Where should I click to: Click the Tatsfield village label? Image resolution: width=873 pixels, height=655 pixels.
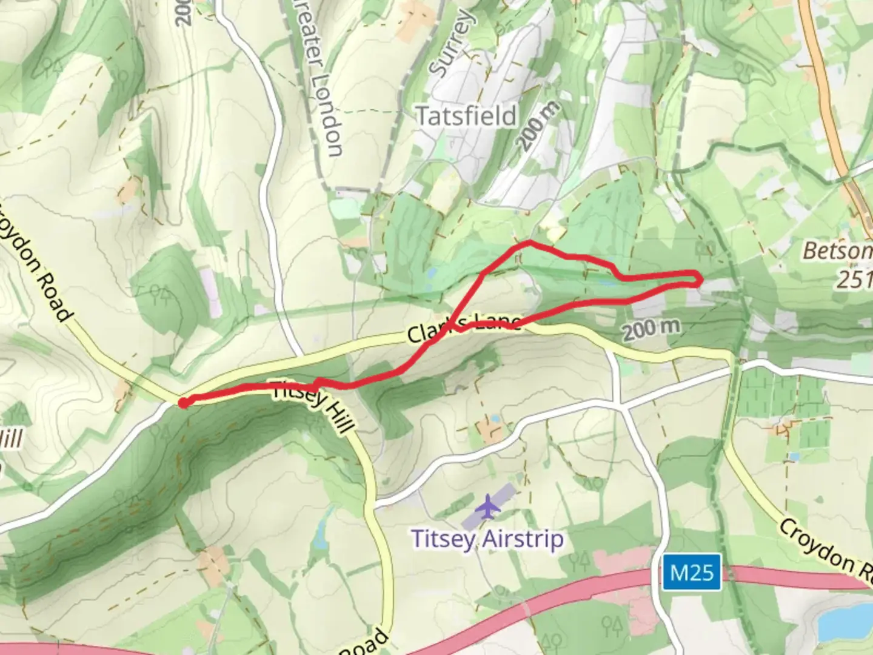click(x=466, y=115)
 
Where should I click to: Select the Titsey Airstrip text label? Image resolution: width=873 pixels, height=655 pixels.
click(x=487, y=539)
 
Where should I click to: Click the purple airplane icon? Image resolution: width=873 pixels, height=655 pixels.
click(x=487, y=507)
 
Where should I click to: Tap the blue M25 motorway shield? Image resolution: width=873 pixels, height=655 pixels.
click(x=692, y=572)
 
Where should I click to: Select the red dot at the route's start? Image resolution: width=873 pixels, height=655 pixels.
click(x=182, y=401)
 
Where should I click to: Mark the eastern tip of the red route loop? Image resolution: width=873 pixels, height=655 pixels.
click(x=701, y=280)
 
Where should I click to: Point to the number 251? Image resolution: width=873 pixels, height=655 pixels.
click(x=855, y=279)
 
